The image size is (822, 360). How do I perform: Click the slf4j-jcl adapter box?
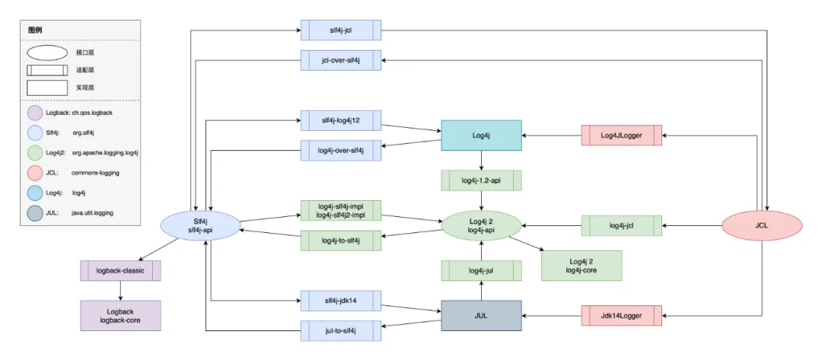[x=341, y=30]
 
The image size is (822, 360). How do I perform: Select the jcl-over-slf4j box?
[x=341, y=60]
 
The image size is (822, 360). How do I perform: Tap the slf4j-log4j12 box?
[x=341, y=120]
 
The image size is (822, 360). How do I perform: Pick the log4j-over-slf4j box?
[x=341, y=151]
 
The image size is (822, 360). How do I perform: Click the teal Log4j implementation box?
[x=481, y=135]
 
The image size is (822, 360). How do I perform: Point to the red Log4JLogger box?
[x=622, y=135]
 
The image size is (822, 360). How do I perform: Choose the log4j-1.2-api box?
[x=481, y=180]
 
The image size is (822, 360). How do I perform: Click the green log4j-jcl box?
[x=622, y=226]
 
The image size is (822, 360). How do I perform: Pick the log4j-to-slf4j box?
[x=341, y=241]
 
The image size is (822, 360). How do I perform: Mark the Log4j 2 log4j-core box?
[x=581, y=266]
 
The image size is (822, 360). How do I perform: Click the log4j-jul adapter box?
[x=481, y=271]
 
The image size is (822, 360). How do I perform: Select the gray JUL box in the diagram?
[x=481, y=315]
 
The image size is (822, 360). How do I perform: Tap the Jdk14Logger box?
[x=622, y=315]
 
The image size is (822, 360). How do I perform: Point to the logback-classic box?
[x=120, y=271]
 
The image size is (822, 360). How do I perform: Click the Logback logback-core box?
[x=120, y=315]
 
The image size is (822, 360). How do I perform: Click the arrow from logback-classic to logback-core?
[x=120, y=291]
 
